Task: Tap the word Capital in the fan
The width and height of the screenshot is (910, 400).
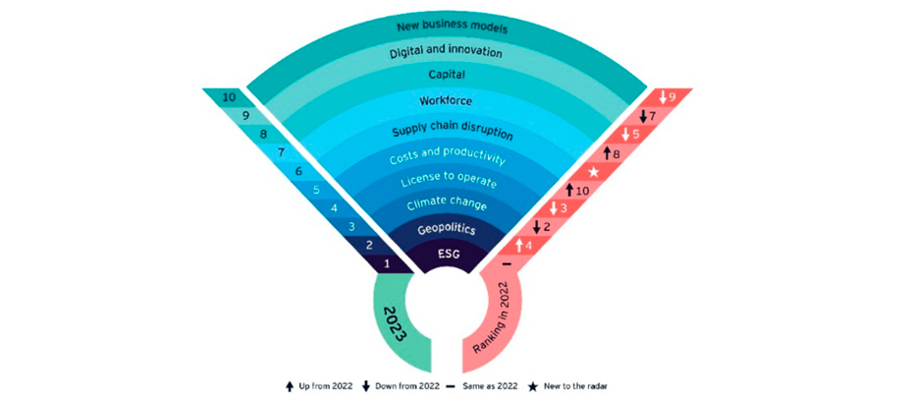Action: coord(448,75)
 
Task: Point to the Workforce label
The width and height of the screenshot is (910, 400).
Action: coord(447,100)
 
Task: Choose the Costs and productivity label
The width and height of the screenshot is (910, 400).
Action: coord(448,156)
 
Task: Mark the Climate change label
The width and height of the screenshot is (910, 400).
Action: coord(447,204)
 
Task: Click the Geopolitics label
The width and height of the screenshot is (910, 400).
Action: coord(447,229)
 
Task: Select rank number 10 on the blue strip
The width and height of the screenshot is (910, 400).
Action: coord(229,97)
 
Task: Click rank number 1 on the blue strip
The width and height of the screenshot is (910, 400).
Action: coord(387,263)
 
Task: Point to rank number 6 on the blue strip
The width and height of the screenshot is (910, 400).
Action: coord(298,172)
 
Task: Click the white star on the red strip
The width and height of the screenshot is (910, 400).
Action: coord(594,172)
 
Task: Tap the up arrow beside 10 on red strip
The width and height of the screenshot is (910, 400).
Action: coord(569,190)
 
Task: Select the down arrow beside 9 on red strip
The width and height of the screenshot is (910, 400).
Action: coord(663,97)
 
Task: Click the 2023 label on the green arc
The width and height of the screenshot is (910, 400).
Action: coord(394,323)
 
